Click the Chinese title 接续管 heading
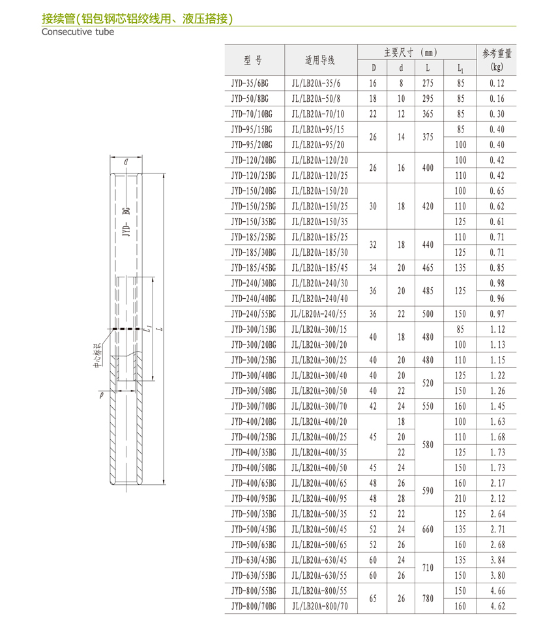click(136, 18)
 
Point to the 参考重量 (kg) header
click(497, 60)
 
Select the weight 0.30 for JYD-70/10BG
click(497, 114)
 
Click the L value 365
click(428, 114)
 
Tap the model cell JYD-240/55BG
click(254, 314)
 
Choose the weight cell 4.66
click(497, 591)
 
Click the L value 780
click(428, 598)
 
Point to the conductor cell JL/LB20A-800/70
click(320, 606)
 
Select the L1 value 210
click(461, 498)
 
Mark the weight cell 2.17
click(497, 483)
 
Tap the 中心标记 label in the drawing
click(97, 355)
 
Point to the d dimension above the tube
click(126, 161)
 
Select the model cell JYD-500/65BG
click(254, 545)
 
